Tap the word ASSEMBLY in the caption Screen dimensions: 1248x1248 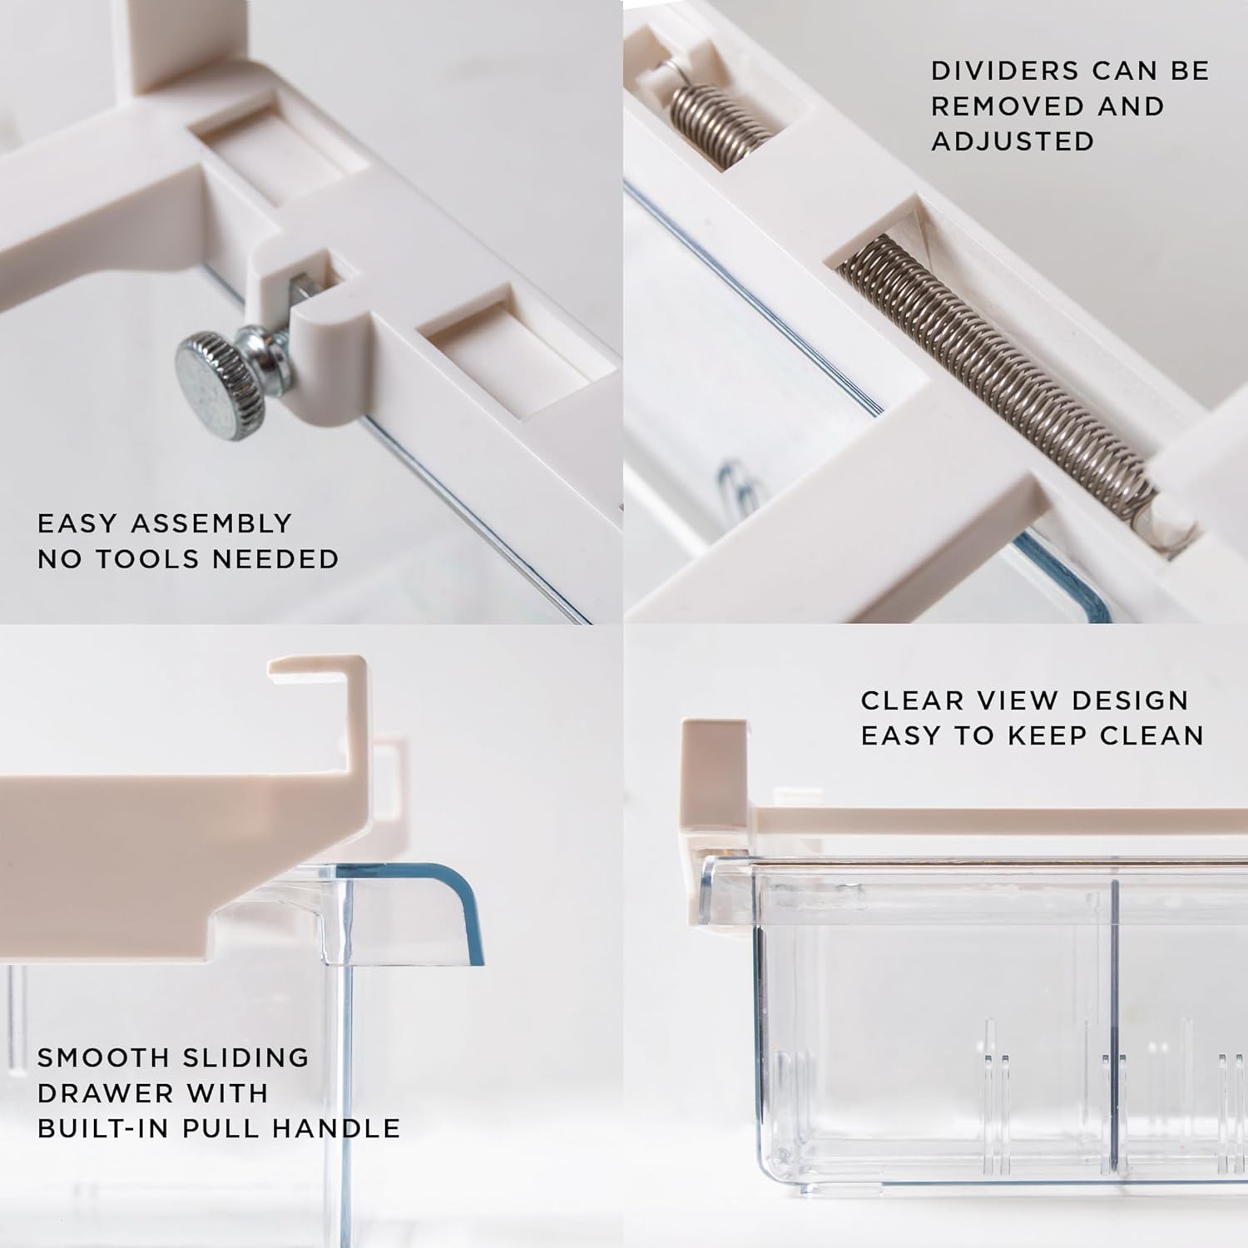211,523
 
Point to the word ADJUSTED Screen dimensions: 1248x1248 1013,141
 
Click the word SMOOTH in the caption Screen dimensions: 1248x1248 103,1057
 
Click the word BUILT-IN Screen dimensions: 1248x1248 110,1128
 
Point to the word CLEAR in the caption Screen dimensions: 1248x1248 912,701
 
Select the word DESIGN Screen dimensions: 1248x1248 1130,701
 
